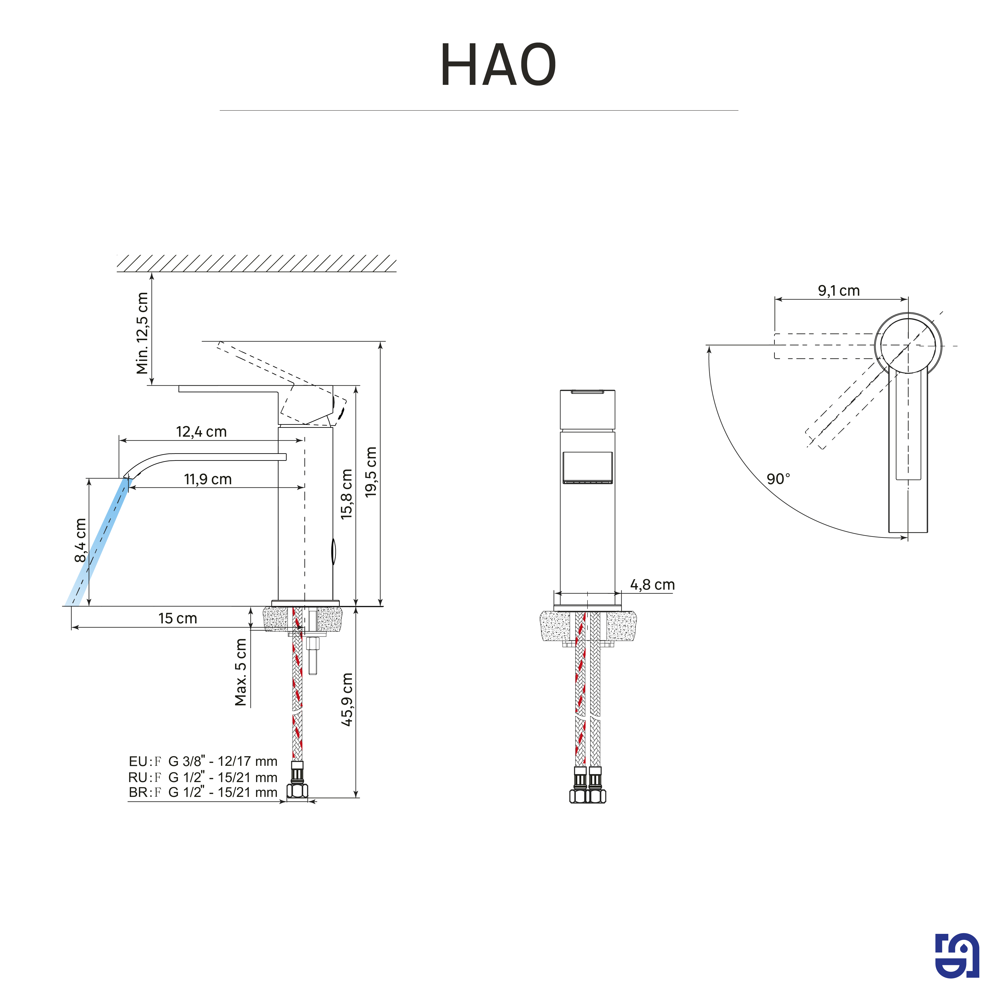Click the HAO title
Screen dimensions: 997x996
pyautogui.click(x=498, y=65)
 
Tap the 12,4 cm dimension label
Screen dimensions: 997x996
pyautogui.click(x=201, y=432)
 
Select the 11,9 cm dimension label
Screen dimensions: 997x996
pyautogui.click(x=208, y=479)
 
